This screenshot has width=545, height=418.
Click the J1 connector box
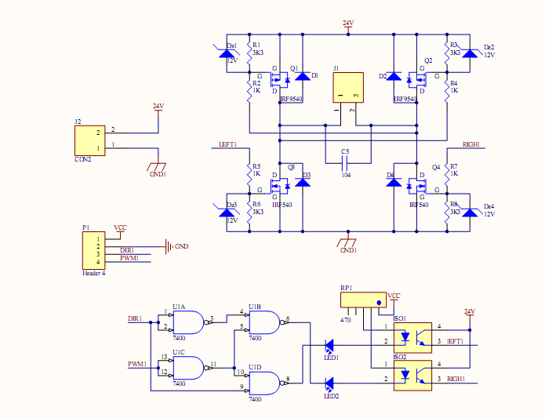click(347, 87)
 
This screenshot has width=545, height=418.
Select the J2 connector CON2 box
click(89, 140)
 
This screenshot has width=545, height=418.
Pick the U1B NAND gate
click(265, 321)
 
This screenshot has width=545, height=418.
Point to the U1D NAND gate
click(265, 382)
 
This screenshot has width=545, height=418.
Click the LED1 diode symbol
click(329, 345)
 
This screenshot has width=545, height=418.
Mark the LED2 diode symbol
click(329, 383)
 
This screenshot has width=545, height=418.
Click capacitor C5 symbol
click(346, 163)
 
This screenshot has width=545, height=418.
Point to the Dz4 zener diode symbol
click(471, 212)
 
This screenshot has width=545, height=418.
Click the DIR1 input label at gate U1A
click(134, 319)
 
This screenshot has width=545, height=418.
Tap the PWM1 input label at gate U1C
click(136, 364)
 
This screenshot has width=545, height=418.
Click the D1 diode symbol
click(302, 76)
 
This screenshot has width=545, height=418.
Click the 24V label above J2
click(158, 106)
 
